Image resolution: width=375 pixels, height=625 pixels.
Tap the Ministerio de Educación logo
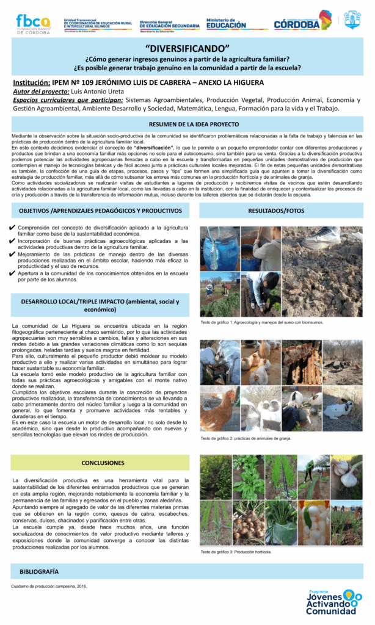point(226,23)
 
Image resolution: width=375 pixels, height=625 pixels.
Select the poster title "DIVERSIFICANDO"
point(188,48)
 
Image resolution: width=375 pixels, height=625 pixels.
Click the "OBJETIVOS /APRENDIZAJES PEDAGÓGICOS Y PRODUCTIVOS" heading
point(100,210)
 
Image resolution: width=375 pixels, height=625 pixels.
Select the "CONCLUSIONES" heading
point(103,463)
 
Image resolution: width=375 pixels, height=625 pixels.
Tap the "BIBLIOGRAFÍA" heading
point(39,571)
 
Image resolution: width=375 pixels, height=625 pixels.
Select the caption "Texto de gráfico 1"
point(262,322)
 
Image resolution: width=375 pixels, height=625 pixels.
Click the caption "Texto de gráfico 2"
point(246,438)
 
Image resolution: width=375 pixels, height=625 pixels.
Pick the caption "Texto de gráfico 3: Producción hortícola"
point(236,552)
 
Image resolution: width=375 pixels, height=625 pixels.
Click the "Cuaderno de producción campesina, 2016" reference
point(49,587)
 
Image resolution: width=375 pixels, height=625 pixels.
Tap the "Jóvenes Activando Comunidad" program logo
point(333,603)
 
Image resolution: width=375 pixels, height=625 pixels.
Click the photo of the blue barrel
point(220,248)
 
